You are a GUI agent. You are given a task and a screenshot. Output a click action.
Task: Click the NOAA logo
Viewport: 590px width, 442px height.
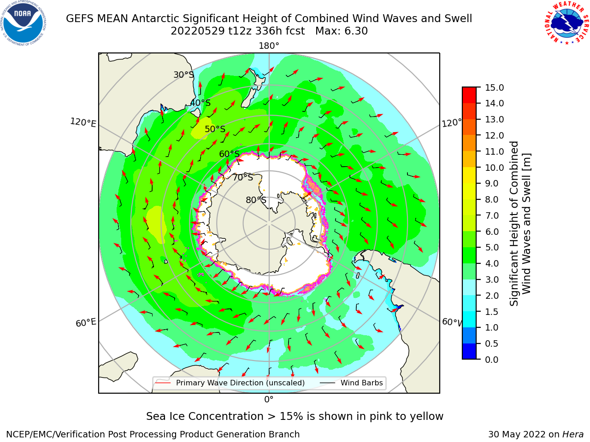(24, 23)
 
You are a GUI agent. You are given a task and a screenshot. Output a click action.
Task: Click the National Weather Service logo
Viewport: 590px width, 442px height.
(566, 23)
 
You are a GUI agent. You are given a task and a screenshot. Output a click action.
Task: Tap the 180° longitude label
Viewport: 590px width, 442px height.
(269, 46)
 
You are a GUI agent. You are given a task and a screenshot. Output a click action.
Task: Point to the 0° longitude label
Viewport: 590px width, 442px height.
(269, 400)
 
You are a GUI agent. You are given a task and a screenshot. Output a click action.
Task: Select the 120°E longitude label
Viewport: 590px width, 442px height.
(83, 122)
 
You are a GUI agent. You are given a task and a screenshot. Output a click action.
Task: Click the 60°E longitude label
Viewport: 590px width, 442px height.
(86, 322)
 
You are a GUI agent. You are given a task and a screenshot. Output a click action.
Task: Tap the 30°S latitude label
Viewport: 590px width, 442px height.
(183, 75)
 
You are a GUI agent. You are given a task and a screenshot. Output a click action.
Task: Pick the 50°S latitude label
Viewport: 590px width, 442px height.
(215, 129)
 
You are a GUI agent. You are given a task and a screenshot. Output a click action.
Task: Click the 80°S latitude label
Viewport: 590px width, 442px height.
(256, 200)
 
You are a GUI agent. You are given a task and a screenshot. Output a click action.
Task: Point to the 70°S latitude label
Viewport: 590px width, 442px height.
(243, 177)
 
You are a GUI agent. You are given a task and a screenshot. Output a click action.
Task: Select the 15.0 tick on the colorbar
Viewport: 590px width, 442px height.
(494, 88)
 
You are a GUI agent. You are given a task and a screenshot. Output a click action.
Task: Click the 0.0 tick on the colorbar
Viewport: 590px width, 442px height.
(492, 360)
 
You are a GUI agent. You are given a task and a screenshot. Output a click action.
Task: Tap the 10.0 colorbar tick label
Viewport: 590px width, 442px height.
(494, 168)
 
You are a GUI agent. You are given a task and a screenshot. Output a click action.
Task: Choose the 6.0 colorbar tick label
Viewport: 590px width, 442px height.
(492, 232)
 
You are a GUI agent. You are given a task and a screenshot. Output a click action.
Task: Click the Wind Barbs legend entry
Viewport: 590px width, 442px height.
(351, 383)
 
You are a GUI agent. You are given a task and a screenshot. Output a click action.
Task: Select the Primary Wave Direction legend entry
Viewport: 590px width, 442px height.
(230, 383)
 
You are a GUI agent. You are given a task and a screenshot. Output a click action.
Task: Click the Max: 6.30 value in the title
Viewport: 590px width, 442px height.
(342, 31)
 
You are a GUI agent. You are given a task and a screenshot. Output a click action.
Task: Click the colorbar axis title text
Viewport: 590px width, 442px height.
(519, 223)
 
